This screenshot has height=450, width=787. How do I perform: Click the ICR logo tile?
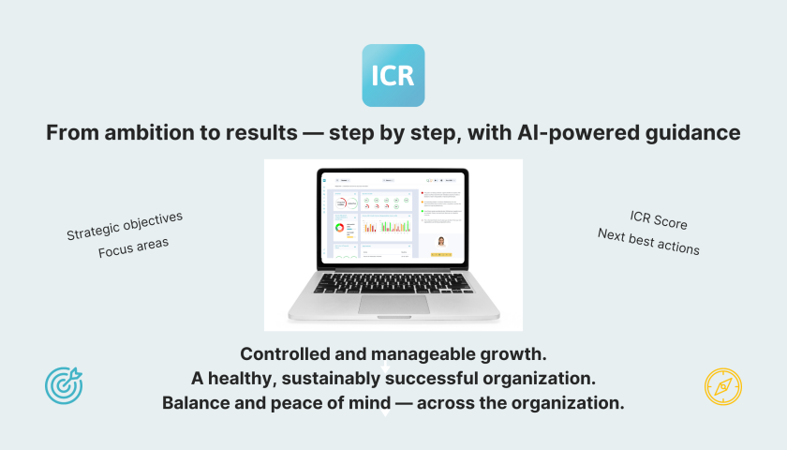click(393, 75)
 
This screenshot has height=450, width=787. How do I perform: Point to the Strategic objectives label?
click(125, 226)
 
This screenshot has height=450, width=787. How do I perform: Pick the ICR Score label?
click(659, 222)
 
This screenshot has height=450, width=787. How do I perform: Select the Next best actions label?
click(648, 242)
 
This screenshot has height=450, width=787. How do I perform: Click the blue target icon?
click(64, 384)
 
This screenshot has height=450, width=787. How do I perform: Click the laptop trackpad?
click(393, 304)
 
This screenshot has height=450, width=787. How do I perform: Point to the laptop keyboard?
click(393, 282)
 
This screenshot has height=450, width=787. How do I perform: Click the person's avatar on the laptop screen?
click(440, 241)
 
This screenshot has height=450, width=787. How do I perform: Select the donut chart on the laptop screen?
click(339, 228)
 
